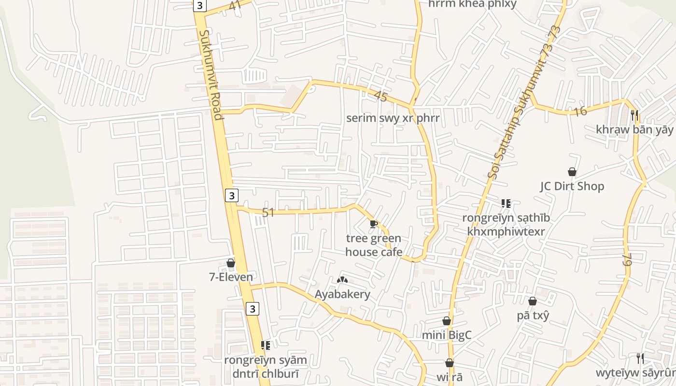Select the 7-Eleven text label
tap(231, 277)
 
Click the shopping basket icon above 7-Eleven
tap(231, 263)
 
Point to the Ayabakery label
tap(342, 294)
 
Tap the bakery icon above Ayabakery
tap(342, 280)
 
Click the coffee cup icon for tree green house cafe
tap(373, 223)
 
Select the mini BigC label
tap(447, 335)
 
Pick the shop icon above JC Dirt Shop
tap(572, 172)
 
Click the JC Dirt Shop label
tap(572, 186)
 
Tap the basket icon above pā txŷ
tap(533, 301)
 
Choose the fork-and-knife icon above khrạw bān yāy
tap(634, 115)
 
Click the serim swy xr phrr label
tap(393, 118)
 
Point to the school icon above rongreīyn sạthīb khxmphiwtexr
tap(506, 204)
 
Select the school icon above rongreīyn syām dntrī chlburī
tap(265, 345)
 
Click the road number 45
tap(380, 96)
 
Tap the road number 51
tap(268, 212)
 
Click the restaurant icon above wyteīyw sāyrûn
tap(640, 358)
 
